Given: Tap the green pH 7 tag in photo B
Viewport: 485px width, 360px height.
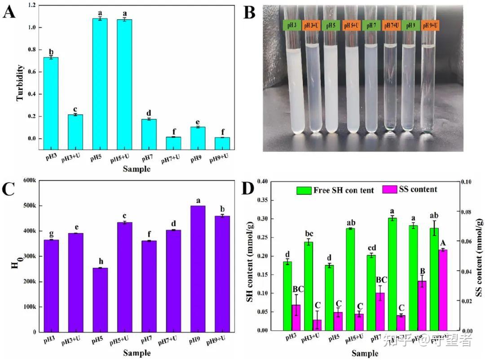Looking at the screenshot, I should (371, 26).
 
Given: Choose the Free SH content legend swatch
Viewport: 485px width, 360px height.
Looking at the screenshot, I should (304, 190).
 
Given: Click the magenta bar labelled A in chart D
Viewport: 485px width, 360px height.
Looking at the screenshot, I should (442, 290).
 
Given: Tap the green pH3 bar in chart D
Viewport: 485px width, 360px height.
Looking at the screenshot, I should (287, 296).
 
